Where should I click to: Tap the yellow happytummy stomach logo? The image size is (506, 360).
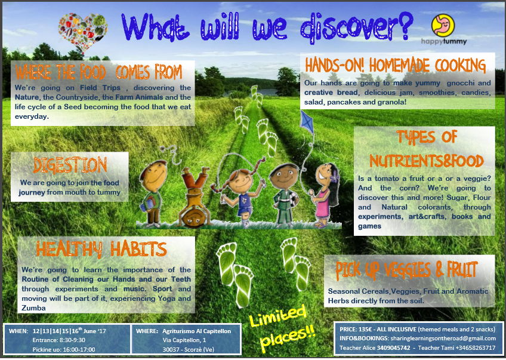[x=443, y=25]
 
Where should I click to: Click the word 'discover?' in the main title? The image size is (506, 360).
[x=357, y=28]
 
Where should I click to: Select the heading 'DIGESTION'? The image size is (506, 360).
[x=70, y=165]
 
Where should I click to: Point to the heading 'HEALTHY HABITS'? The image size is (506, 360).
[x=101, y=249]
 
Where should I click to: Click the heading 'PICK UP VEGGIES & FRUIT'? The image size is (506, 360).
[x=406, y=270]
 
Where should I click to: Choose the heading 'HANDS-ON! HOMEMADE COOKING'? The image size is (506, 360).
[x=395, y=65]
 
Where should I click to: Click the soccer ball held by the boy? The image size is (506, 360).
[x=294, y=199]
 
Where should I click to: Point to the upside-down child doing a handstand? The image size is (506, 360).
[x=194, y=196]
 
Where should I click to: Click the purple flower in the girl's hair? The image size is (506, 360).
[x=335, y=177]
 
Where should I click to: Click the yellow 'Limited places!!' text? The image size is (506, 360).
[x=282, y=328]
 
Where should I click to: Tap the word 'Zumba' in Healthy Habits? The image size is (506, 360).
[x=33, y=308]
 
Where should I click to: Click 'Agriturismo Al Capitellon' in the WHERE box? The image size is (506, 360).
[x=196, y=331]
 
